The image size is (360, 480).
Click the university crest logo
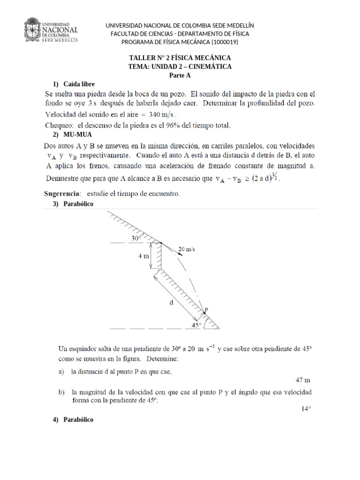pos(32,30)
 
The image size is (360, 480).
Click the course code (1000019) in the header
pos(225,42)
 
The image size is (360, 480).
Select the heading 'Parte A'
pos(180,75)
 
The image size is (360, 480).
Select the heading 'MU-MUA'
pos(78,135)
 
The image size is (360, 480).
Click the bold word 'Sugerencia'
pos(62,193)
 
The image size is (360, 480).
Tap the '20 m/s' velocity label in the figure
pos(187,249)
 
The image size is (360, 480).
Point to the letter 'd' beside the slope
pos(171,302)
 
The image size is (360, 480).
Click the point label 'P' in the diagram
pos(206,309)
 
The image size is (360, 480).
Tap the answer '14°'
pos(306,409)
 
